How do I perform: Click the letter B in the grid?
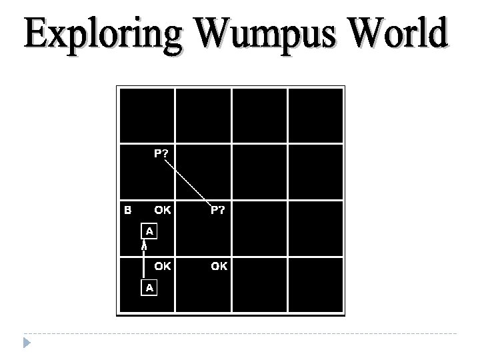pyautogui.click(x=128, y=210)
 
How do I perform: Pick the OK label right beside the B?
pyautogui.click(x=163, y=210)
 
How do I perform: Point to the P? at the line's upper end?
pyautogui.click(x=161, y=154)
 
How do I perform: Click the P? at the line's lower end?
pyautogui.click(x=218, y=210)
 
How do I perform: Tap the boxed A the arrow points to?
pyautogui.click(x=149, y=231)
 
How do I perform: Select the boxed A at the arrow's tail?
pyautogui.click(x=149, y=287)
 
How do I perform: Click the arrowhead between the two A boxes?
pyautogui.click(x=143, y=246)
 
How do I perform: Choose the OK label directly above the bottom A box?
pyautogui.click(x=163, y=266)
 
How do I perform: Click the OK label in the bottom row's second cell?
pyautogui.click(x=219, y=266)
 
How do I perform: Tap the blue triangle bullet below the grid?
pyautogui.click(x=26, y=344)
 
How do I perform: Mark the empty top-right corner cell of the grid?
pyautogui.click(x=316, y=115)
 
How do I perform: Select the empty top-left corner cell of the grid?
pyautogui.click(x=146, y=115)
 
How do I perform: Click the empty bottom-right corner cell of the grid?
pyautogui.click(x=316, y=285)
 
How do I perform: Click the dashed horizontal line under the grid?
pyautogui.click(x=240, y=333)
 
